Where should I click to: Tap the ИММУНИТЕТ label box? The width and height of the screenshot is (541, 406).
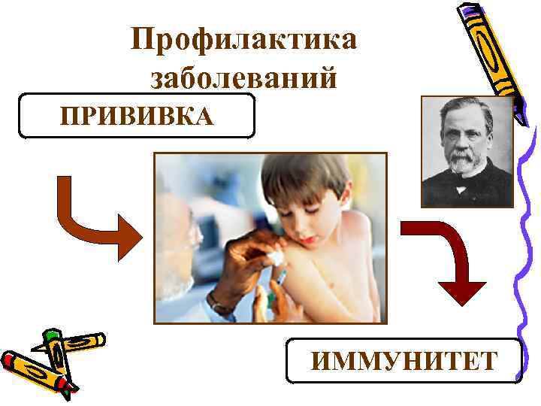pos(404,361)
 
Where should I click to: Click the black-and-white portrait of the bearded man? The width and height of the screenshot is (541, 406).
pos(467,151)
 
